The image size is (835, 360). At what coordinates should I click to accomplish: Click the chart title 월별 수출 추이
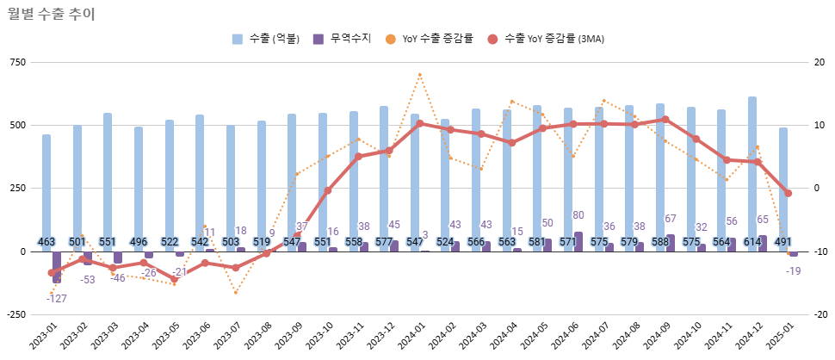click(x=52, y=13)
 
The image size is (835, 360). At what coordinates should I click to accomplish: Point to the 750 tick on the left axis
click(x=16, y=62)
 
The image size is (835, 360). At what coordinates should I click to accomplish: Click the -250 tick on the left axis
click(x=15, y=314)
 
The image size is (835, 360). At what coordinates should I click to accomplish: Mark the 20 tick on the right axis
click(x=820, y=62)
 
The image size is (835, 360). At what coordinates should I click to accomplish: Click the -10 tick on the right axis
click(x=820, y=251)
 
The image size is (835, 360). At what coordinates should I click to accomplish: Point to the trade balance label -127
click(x=57, y=299)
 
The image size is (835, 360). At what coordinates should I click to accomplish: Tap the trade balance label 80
click(x=578, y=215)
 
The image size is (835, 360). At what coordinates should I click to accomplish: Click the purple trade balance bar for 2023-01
click(x=57, y=267)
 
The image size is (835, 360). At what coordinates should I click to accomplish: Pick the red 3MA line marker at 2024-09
click(x=665, y=120)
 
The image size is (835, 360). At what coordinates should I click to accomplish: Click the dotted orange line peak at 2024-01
click(x=419, y=75)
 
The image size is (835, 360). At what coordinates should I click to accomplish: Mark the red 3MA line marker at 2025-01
click(x=788, y=193)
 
